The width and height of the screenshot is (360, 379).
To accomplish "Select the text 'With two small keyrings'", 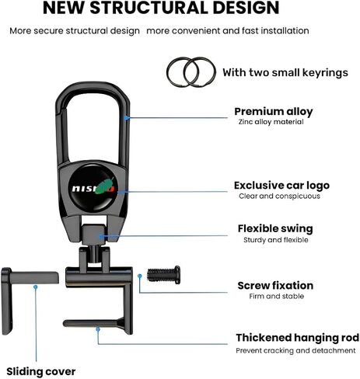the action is (x=285, y=72).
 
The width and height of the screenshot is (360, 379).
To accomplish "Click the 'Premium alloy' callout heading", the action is (x=274, y=112).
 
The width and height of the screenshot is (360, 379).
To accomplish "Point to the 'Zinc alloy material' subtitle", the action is (x=271, y=122).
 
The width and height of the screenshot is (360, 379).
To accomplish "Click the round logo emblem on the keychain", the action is (x=93, y=187).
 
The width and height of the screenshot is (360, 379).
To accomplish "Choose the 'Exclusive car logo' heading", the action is (x=281, y=186).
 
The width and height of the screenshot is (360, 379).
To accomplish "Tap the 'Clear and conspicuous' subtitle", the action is (x=279, y=196).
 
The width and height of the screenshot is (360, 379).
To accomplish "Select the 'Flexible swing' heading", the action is (x=275, y=228).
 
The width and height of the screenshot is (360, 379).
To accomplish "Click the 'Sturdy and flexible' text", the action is (x=276, y=240).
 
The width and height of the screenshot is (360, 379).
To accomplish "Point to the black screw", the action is (x=164, y=275).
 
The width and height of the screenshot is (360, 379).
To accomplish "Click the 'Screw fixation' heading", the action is (x=275, y=286).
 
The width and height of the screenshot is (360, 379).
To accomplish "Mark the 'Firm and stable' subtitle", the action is (x=277, y=296).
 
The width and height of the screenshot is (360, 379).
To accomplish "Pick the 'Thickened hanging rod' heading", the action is (x=298, y=338).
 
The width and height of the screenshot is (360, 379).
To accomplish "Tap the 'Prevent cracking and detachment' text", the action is (x=295, y=350).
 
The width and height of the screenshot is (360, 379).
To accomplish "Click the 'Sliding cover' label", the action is (x=41, y=371).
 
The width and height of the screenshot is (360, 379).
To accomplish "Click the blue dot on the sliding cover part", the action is (x=36, y=287).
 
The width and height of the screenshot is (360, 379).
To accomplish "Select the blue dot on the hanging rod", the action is (x=98, y=329).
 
